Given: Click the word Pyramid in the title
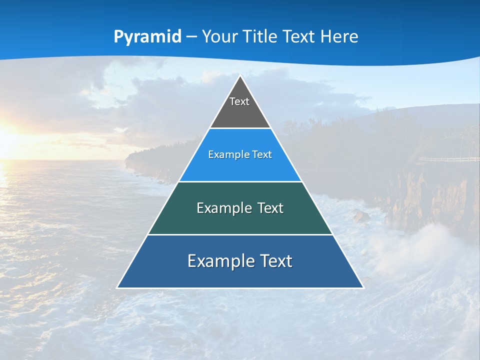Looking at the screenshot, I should pos(147,37).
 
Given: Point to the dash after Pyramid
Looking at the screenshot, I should pos(191,37).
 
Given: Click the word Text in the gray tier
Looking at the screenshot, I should pos(239,101).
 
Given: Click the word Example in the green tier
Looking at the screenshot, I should pos(223,208).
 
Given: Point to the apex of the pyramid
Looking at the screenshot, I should pos(240,76).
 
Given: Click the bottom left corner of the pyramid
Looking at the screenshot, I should pos(118,287).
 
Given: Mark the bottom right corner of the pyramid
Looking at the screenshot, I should pos(362,287).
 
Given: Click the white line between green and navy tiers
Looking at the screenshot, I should pos(240,234).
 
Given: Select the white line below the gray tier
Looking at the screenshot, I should pos(240,128).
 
